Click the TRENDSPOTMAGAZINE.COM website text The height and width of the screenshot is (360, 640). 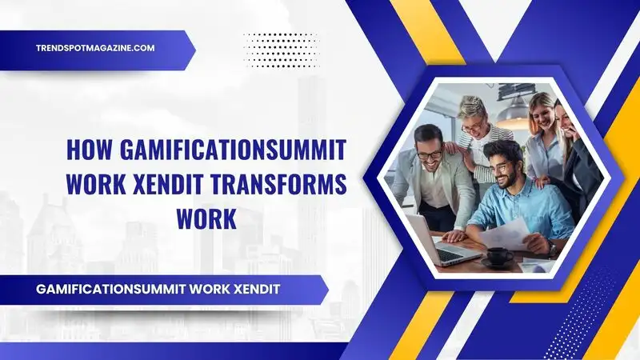pos(95,48)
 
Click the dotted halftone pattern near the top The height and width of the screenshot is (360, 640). pos(280,49)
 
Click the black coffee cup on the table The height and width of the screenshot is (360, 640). pos(498,256)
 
